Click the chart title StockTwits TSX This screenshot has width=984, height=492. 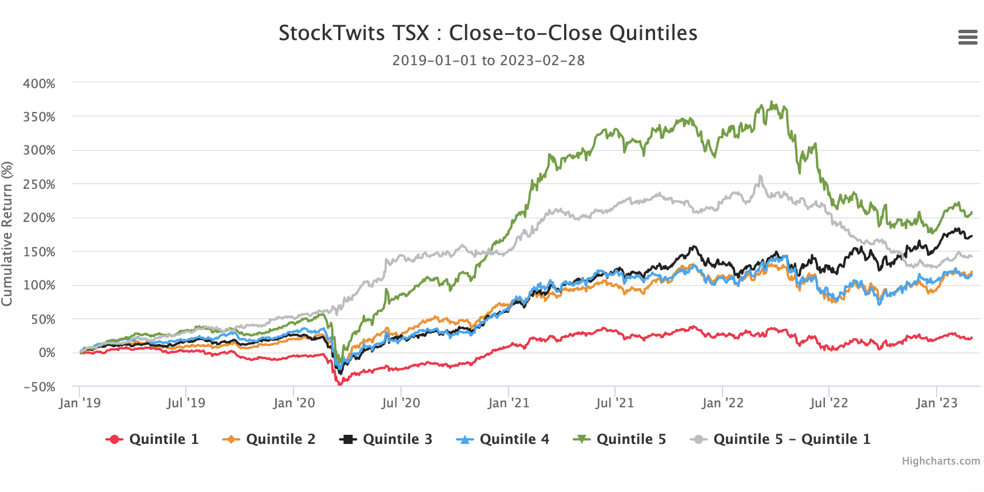coord(487,33)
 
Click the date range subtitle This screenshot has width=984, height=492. coord(488,61)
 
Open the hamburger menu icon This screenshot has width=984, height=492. coord(967,38)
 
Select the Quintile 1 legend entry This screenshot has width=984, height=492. coord(152,439)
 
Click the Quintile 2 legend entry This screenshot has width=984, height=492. coord(269,439)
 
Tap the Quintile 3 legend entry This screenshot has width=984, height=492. coord(386,439)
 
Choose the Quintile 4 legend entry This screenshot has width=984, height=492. coord(503,439)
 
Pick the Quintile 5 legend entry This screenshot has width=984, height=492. coord(620,439)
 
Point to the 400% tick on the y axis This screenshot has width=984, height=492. coord(39,84)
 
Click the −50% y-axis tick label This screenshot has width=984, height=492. coord(39,387)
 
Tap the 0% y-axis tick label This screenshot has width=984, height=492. coord(47,353)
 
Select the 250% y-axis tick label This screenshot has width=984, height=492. coord(39,185)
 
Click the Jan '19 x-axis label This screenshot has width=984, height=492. coord(80,403)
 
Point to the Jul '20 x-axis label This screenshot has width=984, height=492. coord(400,403)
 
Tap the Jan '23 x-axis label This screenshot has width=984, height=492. coord(936,403)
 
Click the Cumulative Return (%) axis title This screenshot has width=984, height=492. coord(7,233)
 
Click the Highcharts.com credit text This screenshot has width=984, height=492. coord(941,461)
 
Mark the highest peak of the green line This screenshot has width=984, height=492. coord(772,102)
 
